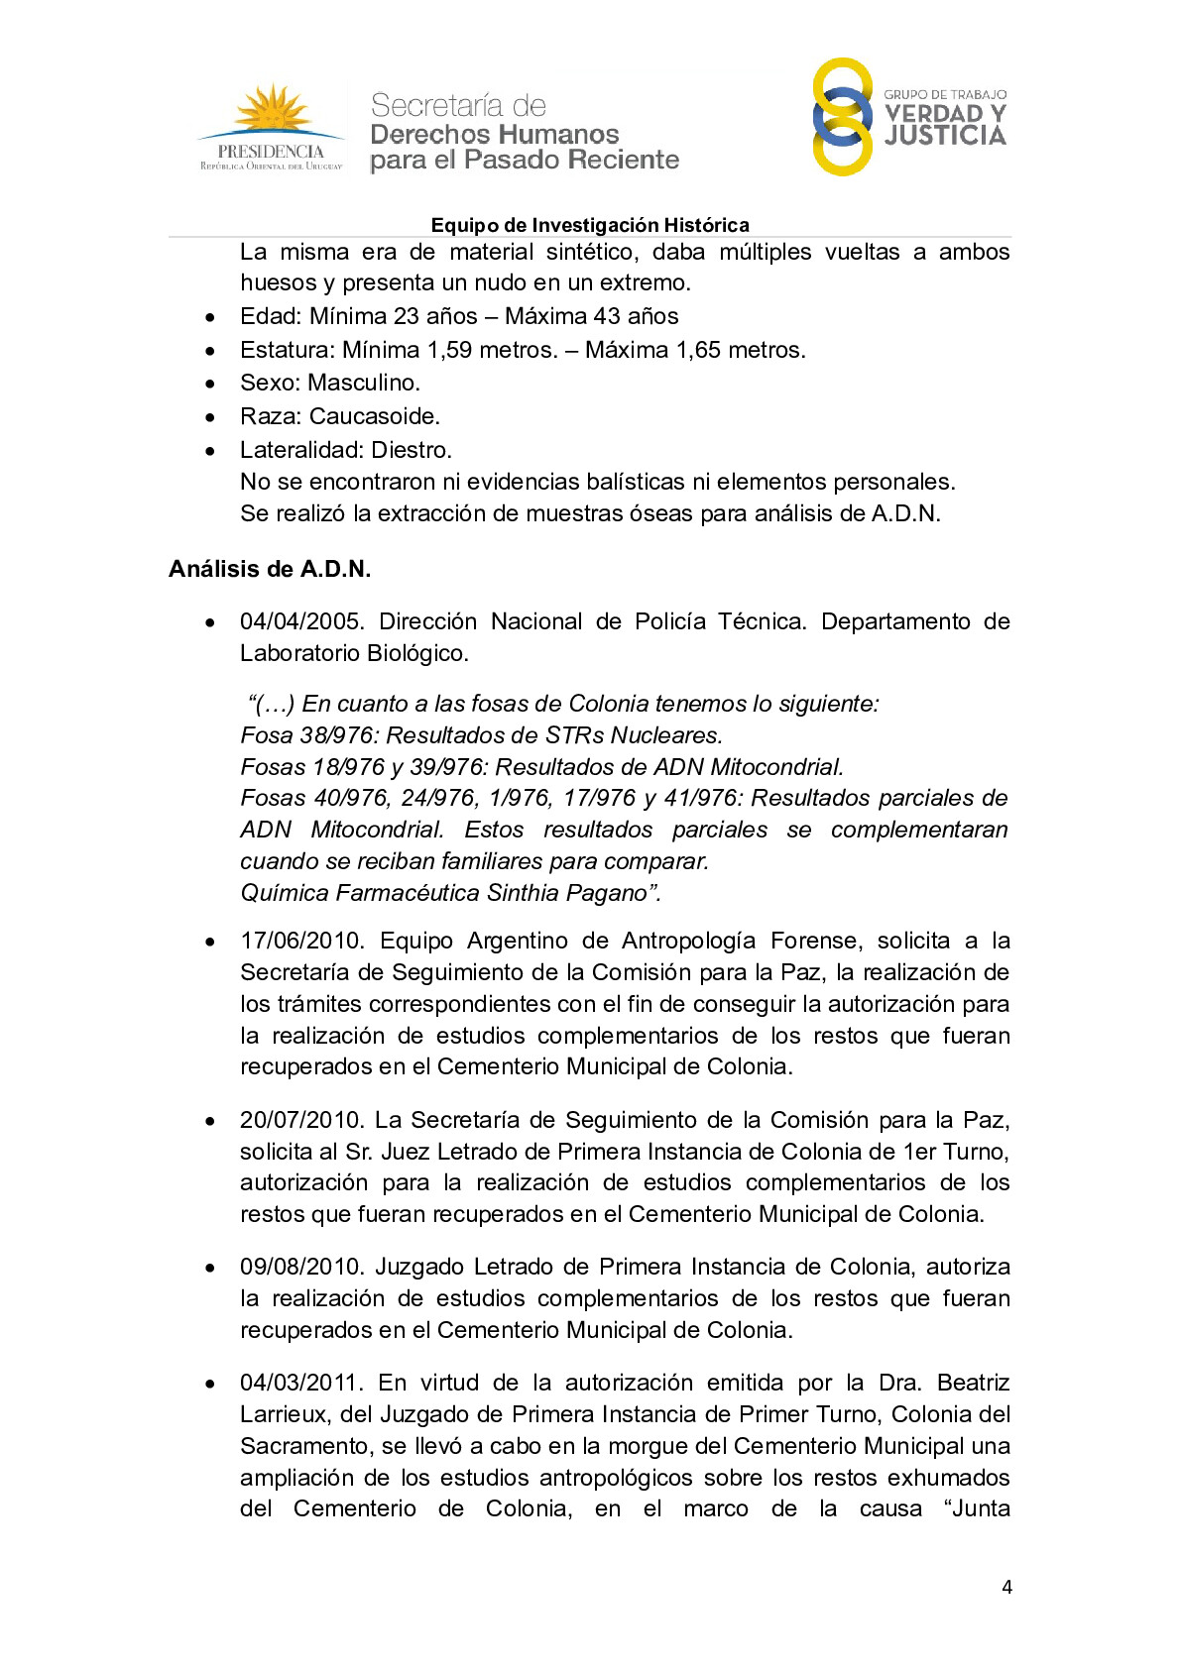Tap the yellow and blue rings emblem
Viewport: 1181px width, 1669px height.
(842, 117)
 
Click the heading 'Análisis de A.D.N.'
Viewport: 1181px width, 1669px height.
(270, 569)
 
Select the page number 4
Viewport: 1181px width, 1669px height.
(1006, 1587)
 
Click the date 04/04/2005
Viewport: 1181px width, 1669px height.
(301, 621)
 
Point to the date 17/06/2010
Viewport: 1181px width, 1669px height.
(301, 941)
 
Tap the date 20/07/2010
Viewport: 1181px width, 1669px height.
(301, 1120)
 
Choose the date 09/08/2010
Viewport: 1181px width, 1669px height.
(301, 1267)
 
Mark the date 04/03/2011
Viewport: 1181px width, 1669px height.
(301, 1383)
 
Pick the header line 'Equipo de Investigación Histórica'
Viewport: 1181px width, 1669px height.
(590, 225)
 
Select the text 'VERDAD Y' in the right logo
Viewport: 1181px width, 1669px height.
(945, 114)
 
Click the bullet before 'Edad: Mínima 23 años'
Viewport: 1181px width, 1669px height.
(210, 318)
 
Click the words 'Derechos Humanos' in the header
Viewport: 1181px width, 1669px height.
(494, 134)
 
